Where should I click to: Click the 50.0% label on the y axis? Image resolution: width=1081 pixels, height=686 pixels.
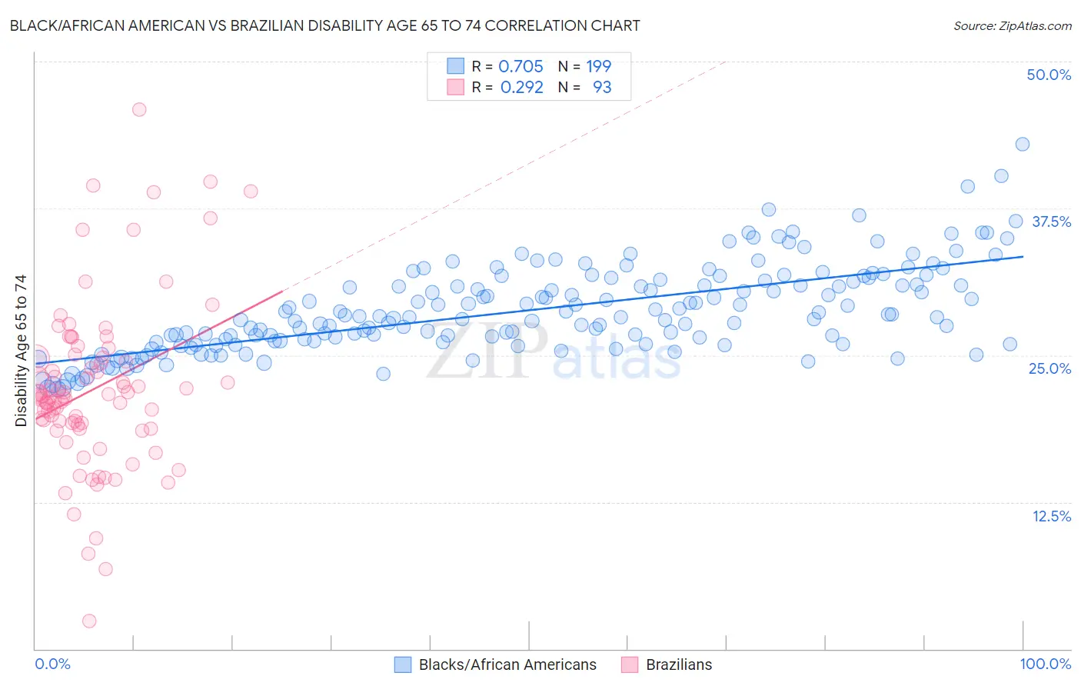tap(1049, 75)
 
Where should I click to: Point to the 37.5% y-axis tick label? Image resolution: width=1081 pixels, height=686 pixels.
tap(1051, 221)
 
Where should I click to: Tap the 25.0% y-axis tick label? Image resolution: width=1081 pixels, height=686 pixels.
tap(1049, 368)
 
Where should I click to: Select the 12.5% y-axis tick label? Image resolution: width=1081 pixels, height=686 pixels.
tap(1051, 516)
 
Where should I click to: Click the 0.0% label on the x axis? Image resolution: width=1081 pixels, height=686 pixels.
tap(52, 664)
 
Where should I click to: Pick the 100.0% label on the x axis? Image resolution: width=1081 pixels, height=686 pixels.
tap(1045, 664)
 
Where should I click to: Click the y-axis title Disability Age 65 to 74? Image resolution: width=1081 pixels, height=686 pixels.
tap(21, 350)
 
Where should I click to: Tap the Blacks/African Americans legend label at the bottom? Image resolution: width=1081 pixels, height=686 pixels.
tap(507, 664)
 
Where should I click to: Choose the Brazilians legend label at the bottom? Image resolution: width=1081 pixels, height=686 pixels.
tap(679, 664)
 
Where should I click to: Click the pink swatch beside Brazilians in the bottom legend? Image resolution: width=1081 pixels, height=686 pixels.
tap(630, 664)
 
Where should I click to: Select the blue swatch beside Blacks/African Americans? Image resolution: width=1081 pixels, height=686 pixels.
tap(403, 664)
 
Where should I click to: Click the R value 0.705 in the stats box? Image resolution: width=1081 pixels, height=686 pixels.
tap(521, 66)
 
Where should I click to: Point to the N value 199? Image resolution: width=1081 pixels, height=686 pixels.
tap(598, 66)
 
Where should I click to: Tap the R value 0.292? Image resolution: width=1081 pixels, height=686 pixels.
tap(521, 87)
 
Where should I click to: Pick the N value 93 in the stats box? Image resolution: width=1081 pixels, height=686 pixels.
tap(602, 87)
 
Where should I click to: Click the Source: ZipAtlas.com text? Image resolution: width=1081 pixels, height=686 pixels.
tap(1012, 25)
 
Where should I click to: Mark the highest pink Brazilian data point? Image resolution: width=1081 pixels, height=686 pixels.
tap(139, 109)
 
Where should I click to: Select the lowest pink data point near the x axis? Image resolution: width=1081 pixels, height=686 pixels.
tap(89, 621)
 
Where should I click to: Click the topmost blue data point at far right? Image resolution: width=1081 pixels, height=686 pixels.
tap(1022, 144)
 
